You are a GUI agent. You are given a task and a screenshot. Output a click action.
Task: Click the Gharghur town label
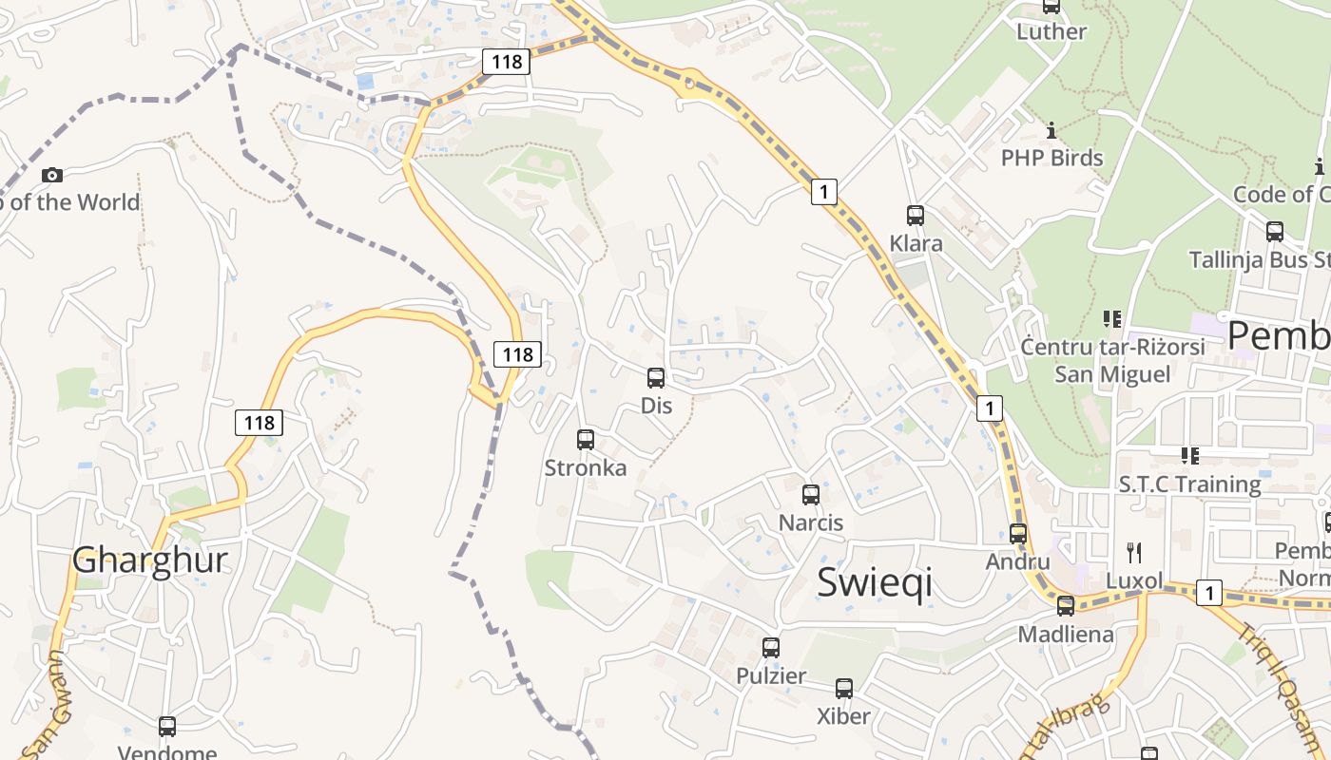pos(150,560)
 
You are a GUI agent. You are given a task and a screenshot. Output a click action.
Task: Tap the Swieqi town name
pos(875,582)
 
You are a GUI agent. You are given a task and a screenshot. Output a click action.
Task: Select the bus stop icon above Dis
pos(656,378)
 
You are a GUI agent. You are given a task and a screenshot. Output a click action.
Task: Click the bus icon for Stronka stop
pos(586,440)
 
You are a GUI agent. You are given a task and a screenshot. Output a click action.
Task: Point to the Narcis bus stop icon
pos(811,495)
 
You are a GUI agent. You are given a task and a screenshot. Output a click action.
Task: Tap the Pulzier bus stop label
pos(771,676)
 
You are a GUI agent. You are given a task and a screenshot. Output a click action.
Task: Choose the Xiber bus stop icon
pos(844,689)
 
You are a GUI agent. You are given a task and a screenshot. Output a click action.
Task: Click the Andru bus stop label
pos(1017,561)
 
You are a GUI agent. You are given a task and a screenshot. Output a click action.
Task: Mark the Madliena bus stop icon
pos(1066,606)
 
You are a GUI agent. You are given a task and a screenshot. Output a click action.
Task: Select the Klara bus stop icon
pos(916,216)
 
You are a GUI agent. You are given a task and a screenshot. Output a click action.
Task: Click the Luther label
pos(1051,31)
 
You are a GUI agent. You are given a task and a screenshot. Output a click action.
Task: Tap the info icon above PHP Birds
pos(1051,130)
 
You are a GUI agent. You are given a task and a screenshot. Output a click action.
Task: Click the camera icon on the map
pos(52,175)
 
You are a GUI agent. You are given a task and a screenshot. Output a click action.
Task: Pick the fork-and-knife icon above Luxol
pos(1133,553)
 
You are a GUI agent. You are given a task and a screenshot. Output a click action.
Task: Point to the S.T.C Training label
pos(1189,484)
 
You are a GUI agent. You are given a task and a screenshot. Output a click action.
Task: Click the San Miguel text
pos(1112,374)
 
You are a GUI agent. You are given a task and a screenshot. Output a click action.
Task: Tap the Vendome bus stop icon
pos(167,727)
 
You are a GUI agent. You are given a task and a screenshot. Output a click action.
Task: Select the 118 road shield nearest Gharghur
pos(259,423)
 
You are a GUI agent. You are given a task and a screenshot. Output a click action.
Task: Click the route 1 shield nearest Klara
pos(824,192)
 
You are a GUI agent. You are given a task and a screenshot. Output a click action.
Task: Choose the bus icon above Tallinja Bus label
pos(1275,231)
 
